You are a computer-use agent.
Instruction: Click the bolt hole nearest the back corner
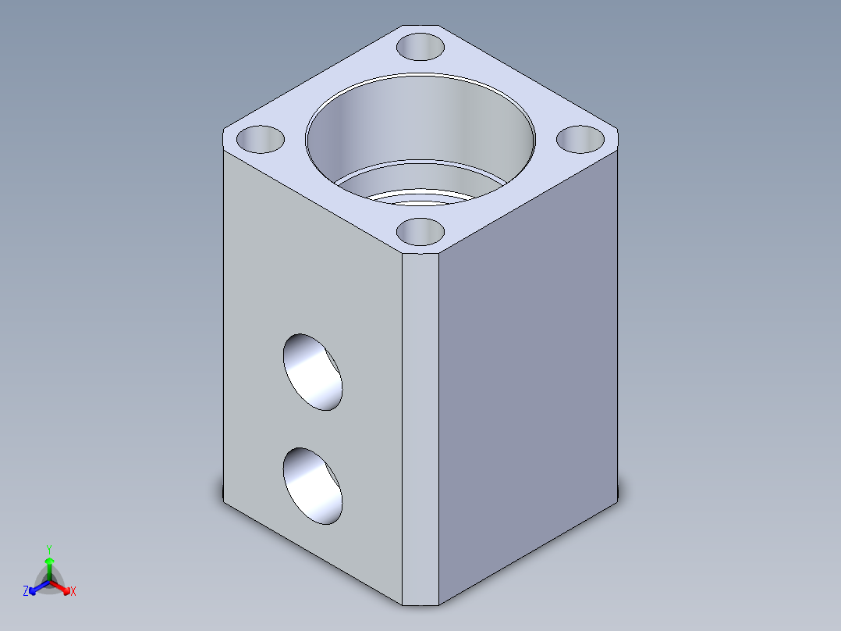click(x=420, y=46)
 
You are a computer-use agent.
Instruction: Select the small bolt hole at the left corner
click(x=261, y=140)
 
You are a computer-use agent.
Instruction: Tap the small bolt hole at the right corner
click(x=581, y=140)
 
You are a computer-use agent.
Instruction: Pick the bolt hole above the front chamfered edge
click(x=420, y=232)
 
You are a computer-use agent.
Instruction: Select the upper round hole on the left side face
click(x=313, y=372)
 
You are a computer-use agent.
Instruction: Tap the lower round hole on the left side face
click(x=313, y=485)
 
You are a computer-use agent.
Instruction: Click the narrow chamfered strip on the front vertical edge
click(x=421, y=430)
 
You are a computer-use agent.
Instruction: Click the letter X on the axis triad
click(x=73, y=592)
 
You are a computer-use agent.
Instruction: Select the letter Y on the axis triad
click(x=49, y=549)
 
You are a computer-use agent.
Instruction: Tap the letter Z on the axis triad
click(x=26, y=592)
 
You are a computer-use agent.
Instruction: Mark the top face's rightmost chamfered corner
click(x=618, y=137)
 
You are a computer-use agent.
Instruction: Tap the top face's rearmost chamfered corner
click(x=421, y=24)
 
